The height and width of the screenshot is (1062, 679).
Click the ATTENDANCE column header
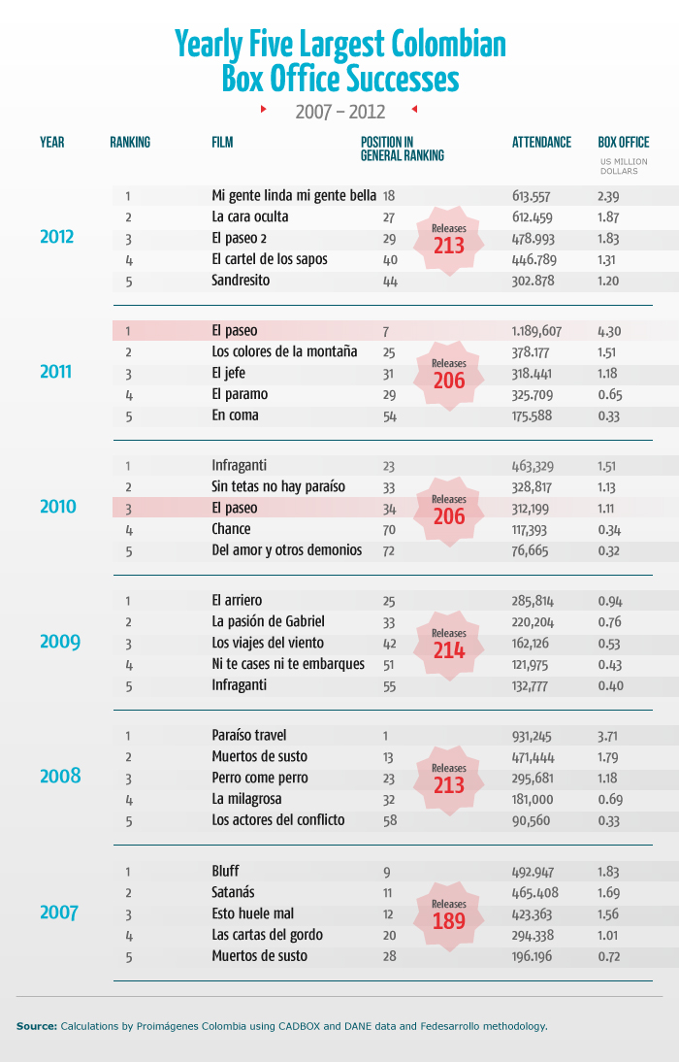(x=541, y=142)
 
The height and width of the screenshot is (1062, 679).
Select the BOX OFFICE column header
(x=623, y=142)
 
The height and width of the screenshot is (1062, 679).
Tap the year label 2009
(x=60, y=642)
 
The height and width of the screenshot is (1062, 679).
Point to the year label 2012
(x=60, y=237)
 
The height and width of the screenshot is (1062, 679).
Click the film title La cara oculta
(x=250, y=216)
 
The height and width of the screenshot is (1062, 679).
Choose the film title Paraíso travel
(x=248, y=735)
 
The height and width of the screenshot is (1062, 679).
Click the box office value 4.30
(x=610, y=331)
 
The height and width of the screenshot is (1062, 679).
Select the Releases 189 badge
(x=449, y=914)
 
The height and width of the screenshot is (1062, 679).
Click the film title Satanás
(x=234, y=892)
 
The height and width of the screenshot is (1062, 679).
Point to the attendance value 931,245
(x=533, y=735)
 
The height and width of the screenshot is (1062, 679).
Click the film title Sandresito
(x=241, y=281)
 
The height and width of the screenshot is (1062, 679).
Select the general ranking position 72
(x=390, y=550)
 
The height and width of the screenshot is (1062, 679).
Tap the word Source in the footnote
(x=36, y=1025)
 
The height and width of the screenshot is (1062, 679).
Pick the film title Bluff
(x=225, y=871)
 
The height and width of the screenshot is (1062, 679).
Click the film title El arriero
(x=237, y=600)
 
